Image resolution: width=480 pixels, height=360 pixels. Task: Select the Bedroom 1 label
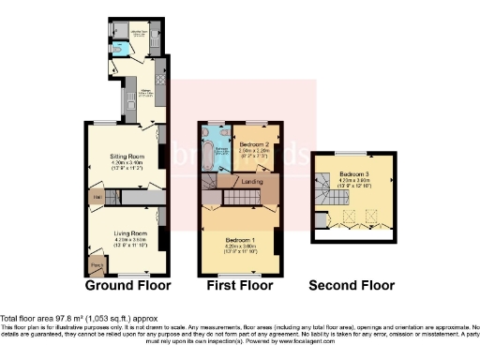238,241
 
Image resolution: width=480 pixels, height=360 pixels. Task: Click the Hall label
97,196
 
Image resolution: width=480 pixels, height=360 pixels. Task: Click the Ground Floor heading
121,285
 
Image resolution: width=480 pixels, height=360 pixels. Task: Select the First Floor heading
239,285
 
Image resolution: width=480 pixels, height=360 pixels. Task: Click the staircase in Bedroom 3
327,197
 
